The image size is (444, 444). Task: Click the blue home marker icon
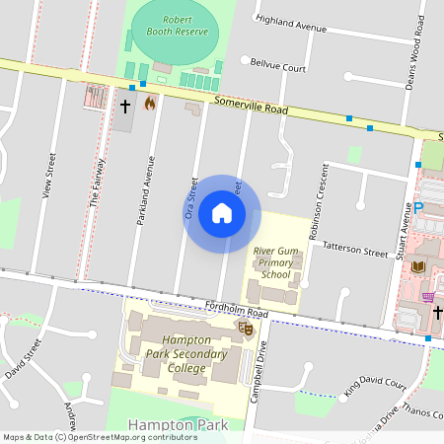[x=222, y=213]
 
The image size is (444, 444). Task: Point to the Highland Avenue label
[x=290, y=24]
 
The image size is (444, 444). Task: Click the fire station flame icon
[x=150, y=103]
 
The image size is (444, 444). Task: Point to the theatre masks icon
[x=246, y=327]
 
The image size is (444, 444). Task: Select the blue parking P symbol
[x=419, y=208]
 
